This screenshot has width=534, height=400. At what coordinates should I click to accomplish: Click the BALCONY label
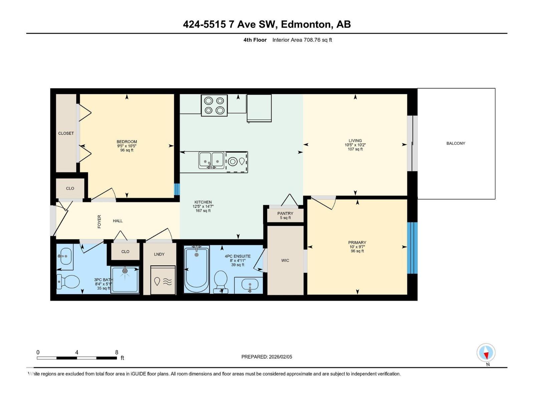pyautogui.click(x=456, y=143)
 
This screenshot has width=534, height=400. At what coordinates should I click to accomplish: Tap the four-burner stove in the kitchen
pyautogui.click(x=214, y=105)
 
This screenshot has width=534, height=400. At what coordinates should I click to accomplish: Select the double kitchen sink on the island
pyautogui.click(x=211, y=160)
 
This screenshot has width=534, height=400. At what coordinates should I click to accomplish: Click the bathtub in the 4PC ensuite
pyautogui.click(x=197, y=269)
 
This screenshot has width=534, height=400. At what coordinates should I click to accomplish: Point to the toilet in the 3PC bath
pyautogui.click(x=68, y=281)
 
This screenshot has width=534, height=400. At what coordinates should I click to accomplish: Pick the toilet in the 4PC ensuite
pyautogui.click(x=221, y=282)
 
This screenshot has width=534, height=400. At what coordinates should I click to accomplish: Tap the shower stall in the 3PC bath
pyautogui.click(x=125, y=280)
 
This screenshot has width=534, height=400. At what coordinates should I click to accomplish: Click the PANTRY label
pyautogui.click(x=285, y=213)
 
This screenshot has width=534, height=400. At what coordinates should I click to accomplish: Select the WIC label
pyautogui.click(x=285, y=260)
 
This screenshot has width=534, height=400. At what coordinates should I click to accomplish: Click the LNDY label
pyautogui.click(x=159, y=254)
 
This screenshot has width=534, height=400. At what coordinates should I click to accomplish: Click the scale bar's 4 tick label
pyautogui.click(x=77, y=352)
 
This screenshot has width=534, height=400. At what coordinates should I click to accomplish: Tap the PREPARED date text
pyautogui.click(x=267, y=357)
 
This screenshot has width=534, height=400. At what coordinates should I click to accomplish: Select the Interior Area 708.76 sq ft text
pyautogui.click(x=302, y=40)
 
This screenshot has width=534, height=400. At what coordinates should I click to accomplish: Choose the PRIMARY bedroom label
pyautogui.click(x=357, y=242)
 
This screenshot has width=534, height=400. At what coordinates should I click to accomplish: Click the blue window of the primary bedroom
pyautogui.click(x=412, y=248)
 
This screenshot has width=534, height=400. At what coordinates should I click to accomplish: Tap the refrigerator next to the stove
pyautogui.click(x=259, y=108)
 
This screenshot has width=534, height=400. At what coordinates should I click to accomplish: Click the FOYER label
pyautogui.click(x=99, y=221)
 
